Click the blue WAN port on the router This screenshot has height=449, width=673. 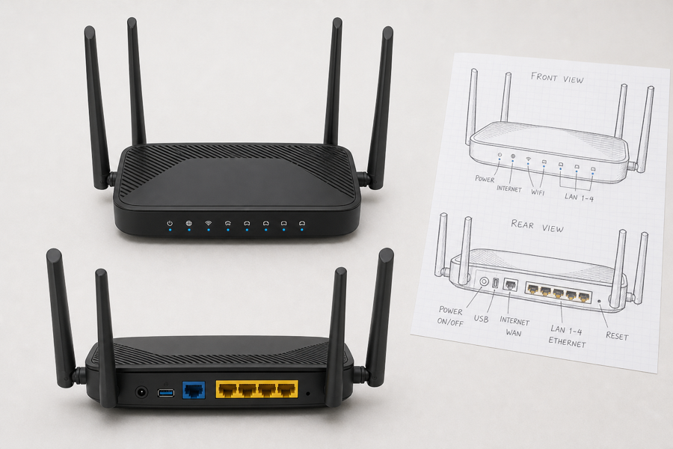(194, 390)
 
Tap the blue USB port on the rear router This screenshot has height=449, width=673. (166, 392)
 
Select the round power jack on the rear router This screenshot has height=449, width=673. (141, 392)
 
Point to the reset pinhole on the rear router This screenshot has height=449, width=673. (308, 393)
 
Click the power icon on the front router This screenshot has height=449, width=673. (170, 224)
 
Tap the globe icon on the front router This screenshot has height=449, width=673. (188, 224)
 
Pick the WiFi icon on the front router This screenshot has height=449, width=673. (208, 223)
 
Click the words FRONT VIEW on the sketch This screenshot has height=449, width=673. (557, 78)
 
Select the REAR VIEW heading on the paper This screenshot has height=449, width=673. (537, 226)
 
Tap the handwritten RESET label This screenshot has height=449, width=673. (617, 335)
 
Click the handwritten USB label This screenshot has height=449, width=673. (481, 319)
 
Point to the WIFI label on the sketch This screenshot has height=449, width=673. (538, 192)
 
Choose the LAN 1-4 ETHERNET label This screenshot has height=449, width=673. (567, 336)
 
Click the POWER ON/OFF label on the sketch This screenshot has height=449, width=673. (450, 316)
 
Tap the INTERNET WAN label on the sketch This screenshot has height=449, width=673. (514, 327)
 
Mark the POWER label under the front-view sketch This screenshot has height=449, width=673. (485, 179)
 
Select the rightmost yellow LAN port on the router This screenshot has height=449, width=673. (286, 390)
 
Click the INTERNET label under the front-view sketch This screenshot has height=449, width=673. (509, 188)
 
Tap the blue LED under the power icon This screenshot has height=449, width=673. (170, 230)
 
